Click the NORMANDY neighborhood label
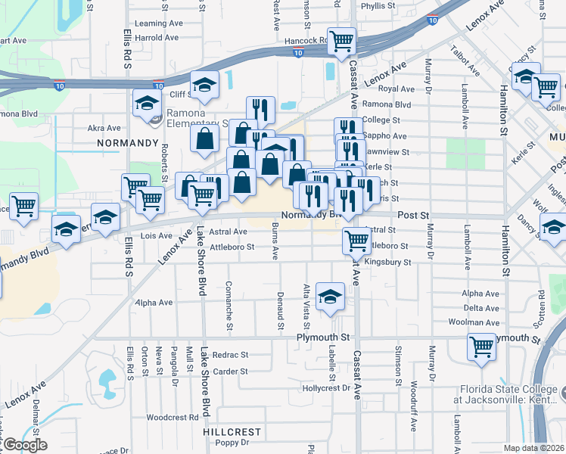point(128,142)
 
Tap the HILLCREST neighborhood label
point(231,432)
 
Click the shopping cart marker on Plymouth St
point(482,347)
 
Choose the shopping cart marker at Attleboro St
point(356,241)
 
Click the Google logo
point(24,445)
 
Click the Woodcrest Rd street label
point(172,417)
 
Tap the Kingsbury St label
point(387,263)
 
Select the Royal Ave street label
point(396,89)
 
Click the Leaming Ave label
point(159,23)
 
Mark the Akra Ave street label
point(104,128)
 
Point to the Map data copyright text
point(533,448)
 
